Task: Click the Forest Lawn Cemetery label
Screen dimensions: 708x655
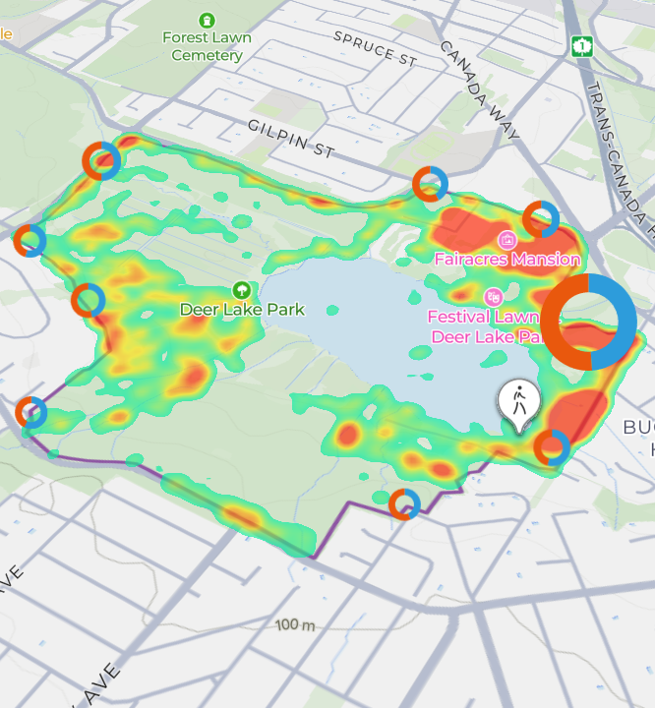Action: [207, 46]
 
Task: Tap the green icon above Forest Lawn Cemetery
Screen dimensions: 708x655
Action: [207, 20]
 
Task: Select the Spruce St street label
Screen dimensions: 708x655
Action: [376, 47]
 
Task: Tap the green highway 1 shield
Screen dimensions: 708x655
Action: [584, 46]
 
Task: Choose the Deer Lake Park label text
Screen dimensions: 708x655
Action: [242, 309]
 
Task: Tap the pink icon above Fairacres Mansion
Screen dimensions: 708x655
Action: [507, 239]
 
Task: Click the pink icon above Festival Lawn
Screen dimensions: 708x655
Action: [494, 296]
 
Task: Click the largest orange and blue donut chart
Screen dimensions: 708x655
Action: [590, 322]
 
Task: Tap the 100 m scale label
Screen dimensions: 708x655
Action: [295, 625]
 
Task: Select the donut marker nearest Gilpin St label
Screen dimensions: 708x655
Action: [430, 184]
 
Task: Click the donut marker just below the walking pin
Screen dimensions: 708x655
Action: [552, 448]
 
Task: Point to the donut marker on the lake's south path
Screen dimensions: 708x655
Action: [403, 503]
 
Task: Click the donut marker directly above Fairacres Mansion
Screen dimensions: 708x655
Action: [541, 219]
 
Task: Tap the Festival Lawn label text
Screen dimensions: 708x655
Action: [483, 317]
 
